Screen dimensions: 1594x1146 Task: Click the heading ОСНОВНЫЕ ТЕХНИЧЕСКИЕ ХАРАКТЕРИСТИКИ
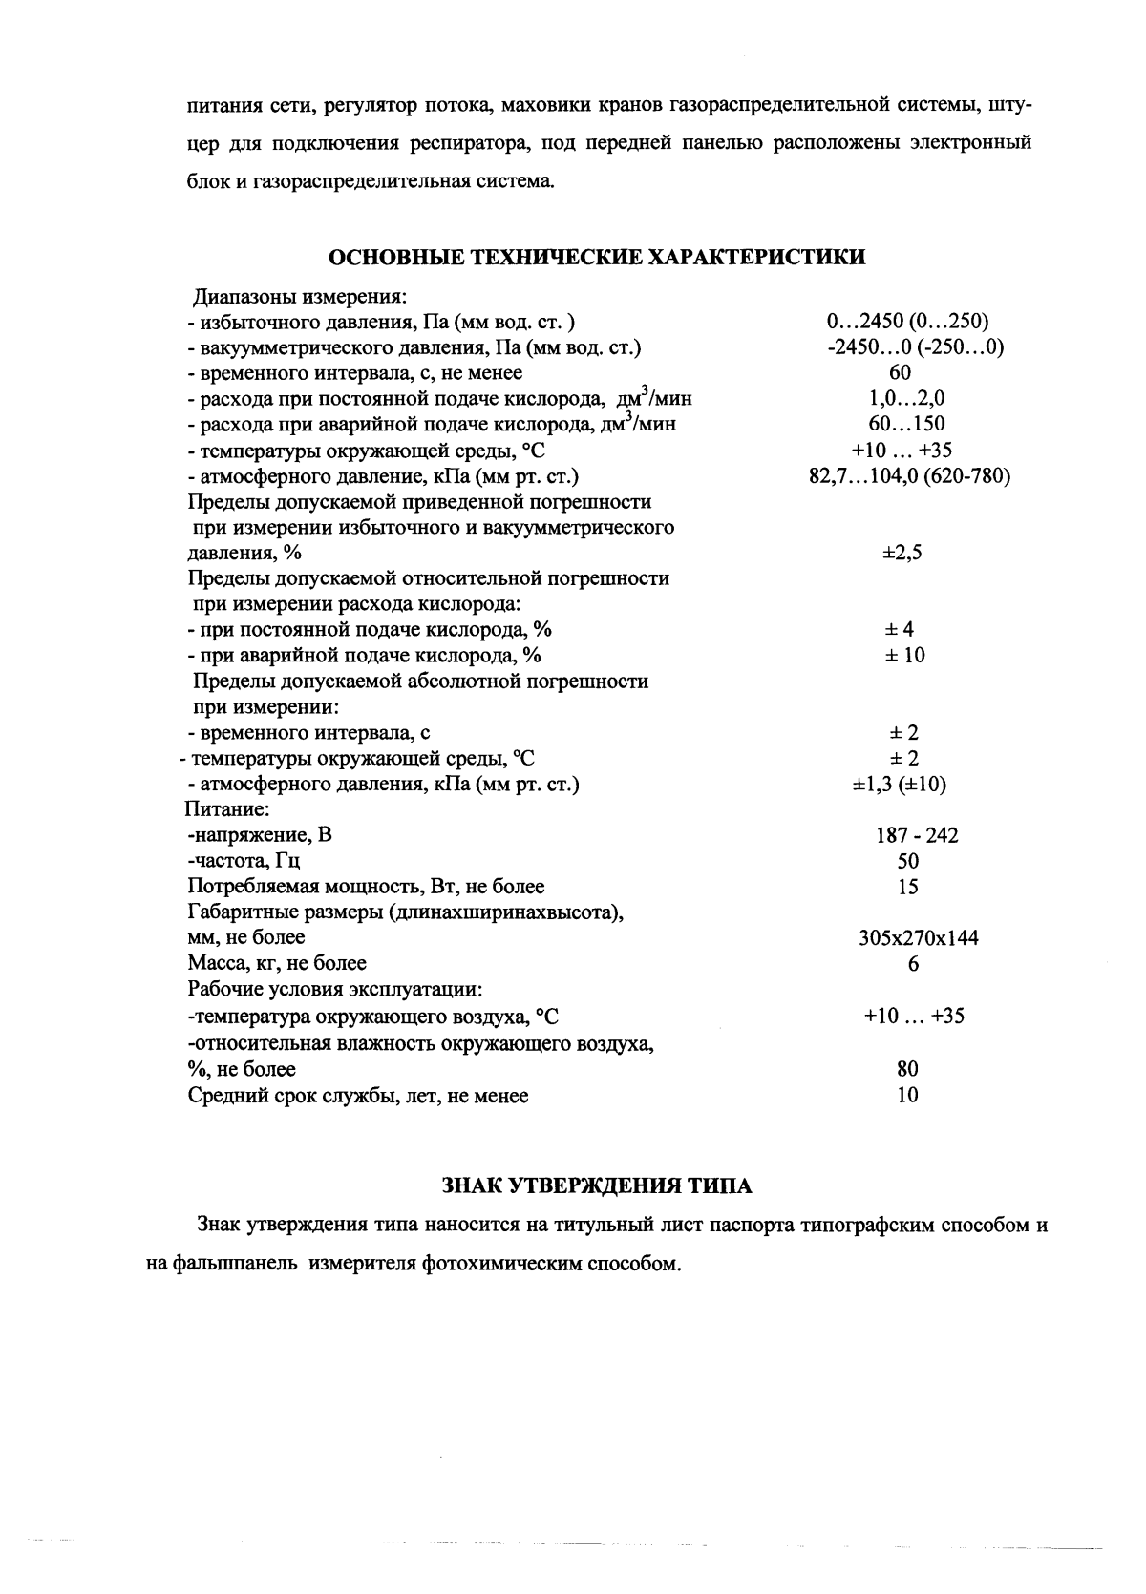point(598,257)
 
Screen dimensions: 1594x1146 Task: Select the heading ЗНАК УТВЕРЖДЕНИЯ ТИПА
point(598,1186)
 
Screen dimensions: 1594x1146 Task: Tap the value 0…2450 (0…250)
point(906,321)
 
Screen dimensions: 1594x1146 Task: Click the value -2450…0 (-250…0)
point(915,346)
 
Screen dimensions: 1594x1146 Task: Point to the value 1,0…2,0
point(906,398)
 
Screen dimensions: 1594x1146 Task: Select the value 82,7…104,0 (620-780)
point(909,475)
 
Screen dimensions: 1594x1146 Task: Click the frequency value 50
point(908,862)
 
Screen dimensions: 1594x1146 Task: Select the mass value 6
point(913,965)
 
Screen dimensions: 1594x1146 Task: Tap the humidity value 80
point(907,1069)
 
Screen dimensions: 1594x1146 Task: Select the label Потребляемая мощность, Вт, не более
point(366,888)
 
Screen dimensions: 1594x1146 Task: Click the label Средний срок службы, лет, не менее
point(358,1096)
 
